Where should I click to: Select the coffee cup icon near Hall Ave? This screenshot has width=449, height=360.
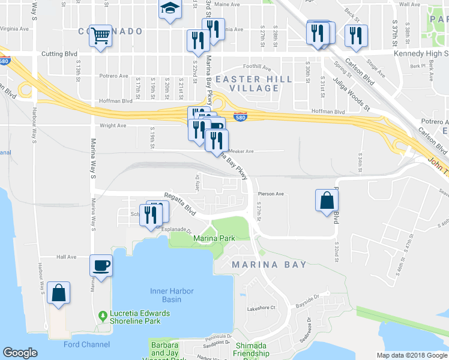click(101, 265)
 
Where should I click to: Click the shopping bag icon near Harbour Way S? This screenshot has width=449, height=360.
click(59, 293)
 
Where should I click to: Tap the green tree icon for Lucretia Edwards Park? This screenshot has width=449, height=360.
click(103, 314)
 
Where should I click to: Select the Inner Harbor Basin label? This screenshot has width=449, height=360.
click(172, 295)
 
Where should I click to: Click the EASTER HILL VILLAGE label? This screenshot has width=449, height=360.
click(254, 83)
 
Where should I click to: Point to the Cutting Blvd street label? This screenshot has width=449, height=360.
click(61, 54)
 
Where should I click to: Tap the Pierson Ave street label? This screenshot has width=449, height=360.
click(270, 194)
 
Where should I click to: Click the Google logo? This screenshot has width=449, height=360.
click(20, 353)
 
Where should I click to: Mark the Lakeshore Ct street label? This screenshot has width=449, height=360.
click(261, 308)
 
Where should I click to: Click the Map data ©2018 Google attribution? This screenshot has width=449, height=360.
click(411, 355)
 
